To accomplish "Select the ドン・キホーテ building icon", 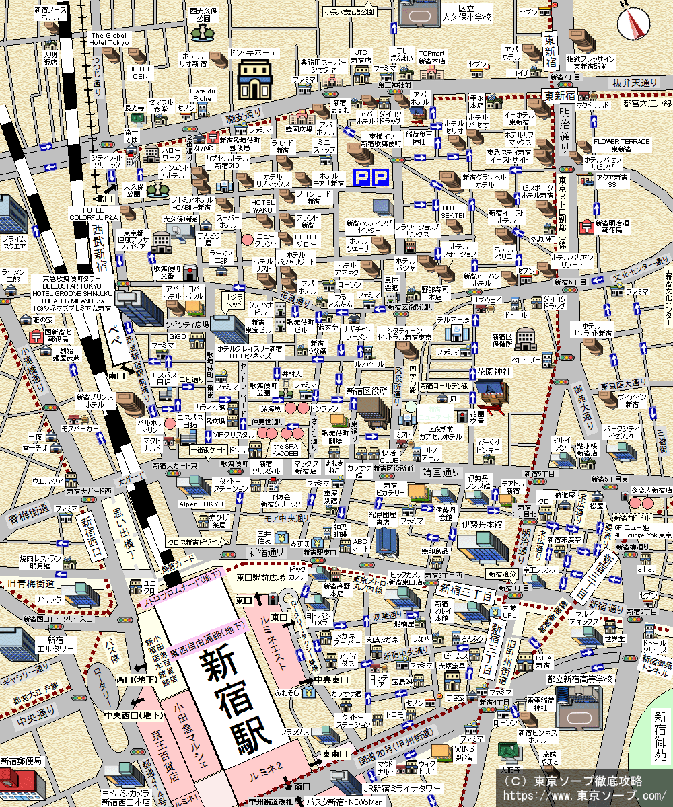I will [x=254, y=79].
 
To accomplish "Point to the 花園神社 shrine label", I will [x=495, y=371].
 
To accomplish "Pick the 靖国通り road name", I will [x=440, y=471].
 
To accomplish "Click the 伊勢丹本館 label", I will [x=481, y=523].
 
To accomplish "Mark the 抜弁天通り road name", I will [x=634, y=82].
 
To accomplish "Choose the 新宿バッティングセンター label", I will [x=369, y=227].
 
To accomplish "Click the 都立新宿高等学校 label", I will [x=579, y=679].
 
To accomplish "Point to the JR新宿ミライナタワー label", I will [x=402, y=788].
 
